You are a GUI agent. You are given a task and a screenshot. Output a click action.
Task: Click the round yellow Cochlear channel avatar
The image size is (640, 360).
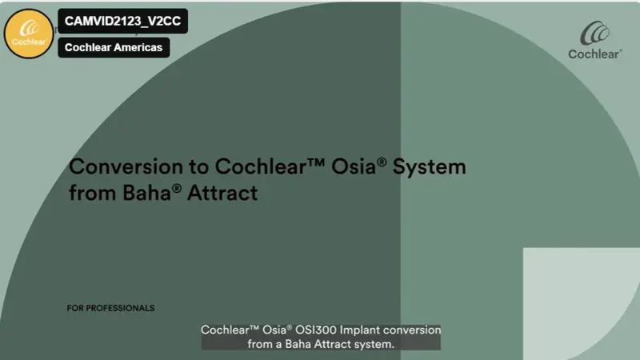pyautogui.click(x=29, y=33)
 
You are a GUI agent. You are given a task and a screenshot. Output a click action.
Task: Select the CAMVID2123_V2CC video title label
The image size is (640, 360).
pyautogui.click(x=122, y=22)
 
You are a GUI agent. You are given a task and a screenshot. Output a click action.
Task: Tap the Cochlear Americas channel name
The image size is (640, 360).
pyautogui.click(x=113, y=47)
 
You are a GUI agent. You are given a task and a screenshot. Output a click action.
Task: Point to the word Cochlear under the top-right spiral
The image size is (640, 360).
pyautogui.click(x=594, y=54)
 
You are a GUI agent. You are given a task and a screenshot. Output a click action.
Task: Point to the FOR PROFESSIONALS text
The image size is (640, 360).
pyautogui.click(x=111, y=308)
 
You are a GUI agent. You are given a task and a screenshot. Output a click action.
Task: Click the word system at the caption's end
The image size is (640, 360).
pyautogui.click(x=377, y=344)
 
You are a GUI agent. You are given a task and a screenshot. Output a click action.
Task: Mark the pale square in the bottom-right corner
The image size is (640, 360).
pyautogui.click(x=582, y=304)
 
